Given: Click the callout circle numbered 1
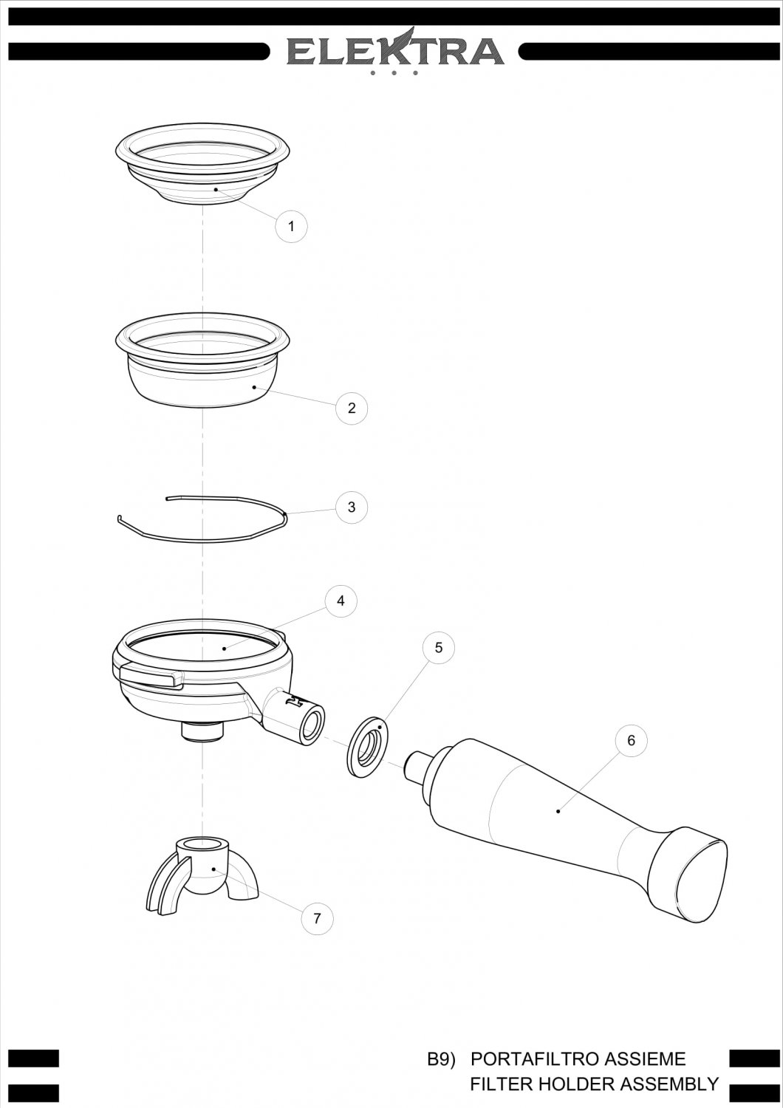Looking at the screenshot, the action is click(291, 226).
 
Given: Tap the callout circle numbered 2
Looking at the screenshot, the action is click(352, 408).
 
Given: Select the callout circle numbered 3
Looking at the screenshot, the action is click(352, 507).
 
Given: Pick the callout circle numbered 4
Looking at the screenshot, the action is click(341, 601).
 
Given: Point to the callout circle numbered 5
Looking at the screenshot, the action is click(439, 648).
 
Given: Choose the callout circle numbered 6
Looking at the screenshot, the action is click(631, 740).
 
